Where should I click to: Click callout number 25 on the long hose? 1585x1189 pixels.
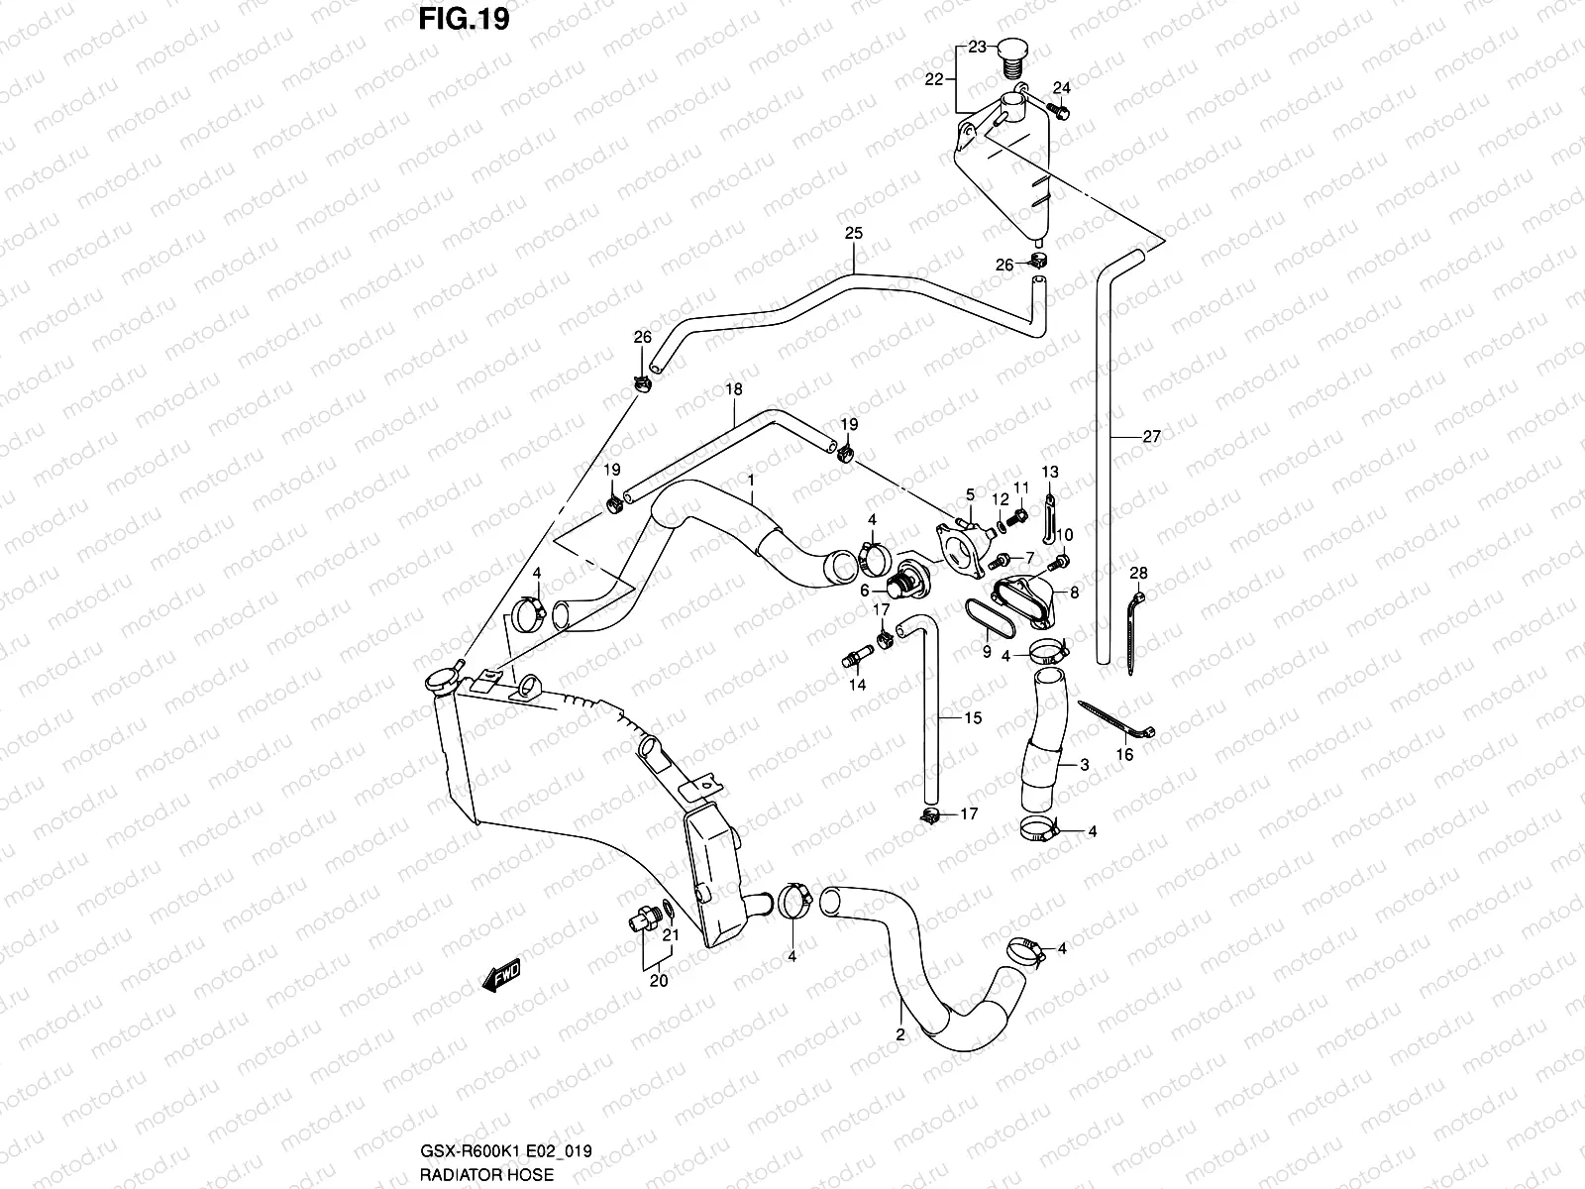pyautogui.click(x=853, y=234)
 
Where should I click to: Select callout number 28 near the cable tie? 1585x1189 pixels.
pyautogui.click(x=1138, y=574)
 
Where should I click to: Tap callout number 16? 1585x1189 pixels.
pyautogui.click(x=1124, y=755)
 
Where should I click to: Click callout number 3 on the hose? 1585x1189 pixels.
pyautogui.click(x=1085, y=764)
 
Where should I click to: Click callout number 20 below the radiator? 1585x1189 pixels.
pyautogui.click(x=658, y=981)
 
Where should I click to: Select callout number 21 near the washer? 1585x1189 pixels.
pyautogui.click(x=671, y=934)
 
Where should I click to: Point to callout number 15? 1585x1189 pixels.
pyautogui.click(x=973, y=717)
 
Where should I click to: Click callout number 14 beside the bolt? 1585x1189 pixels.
pyautogui.click(x=856, y=685)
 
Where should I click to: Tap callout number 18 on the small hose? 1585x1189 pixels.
pyautogui.click(x=733, y=390)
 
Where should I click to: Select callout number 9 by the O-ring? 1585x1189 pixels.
pyautogui.click(x=987, y=651)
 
